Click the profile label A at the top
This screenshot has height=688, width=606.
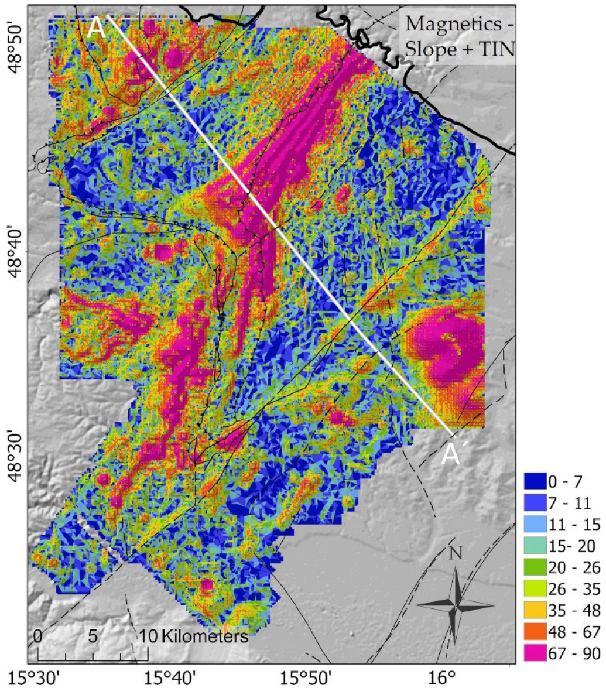click(x=96, y=28)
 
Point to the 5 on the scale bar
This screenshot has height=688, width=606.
click(x=92, y=636)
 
